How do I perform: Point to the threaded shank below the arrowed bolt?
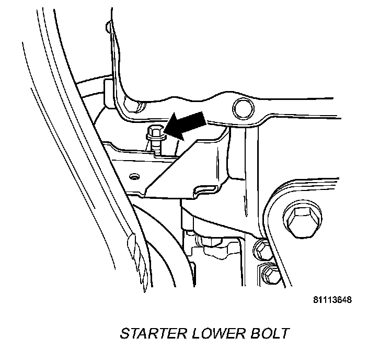(157, 148)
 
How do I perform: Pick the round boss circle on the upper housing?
(241, 107)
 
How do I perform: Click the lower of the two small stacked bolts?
(268, 273)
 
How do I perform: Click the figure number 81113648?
(332, 301)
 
